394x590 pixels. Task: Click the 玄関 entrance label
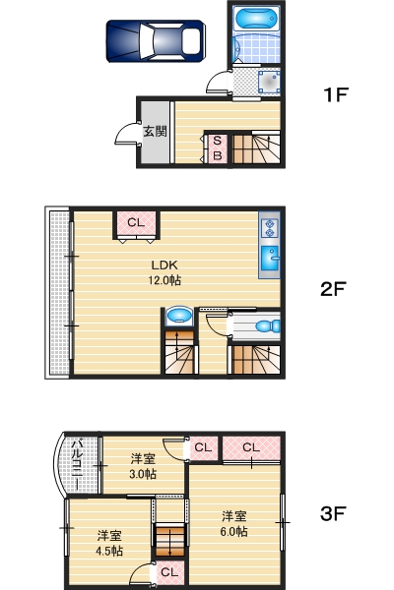coord(155,131)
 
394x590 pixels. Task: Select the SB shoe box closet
coord(217,148)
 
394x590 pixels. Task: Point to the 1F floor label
coord(337,95)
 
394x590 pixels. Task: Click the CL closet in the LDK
coord(136,223)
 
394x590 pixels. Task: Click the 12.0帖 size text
coord(164,280)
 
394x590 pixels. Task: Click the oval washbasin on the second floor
coord(179,316)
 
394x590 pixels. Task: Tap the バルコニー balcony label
coord(76,466)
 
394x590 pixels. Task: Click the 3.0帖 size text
coord(144,473)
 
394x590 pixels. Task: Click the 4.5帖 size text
coord(109,551)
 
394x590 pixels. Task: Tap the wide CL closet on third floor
coord(251,448)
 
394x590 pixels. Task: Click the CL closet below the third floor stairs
coord(168,571)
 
